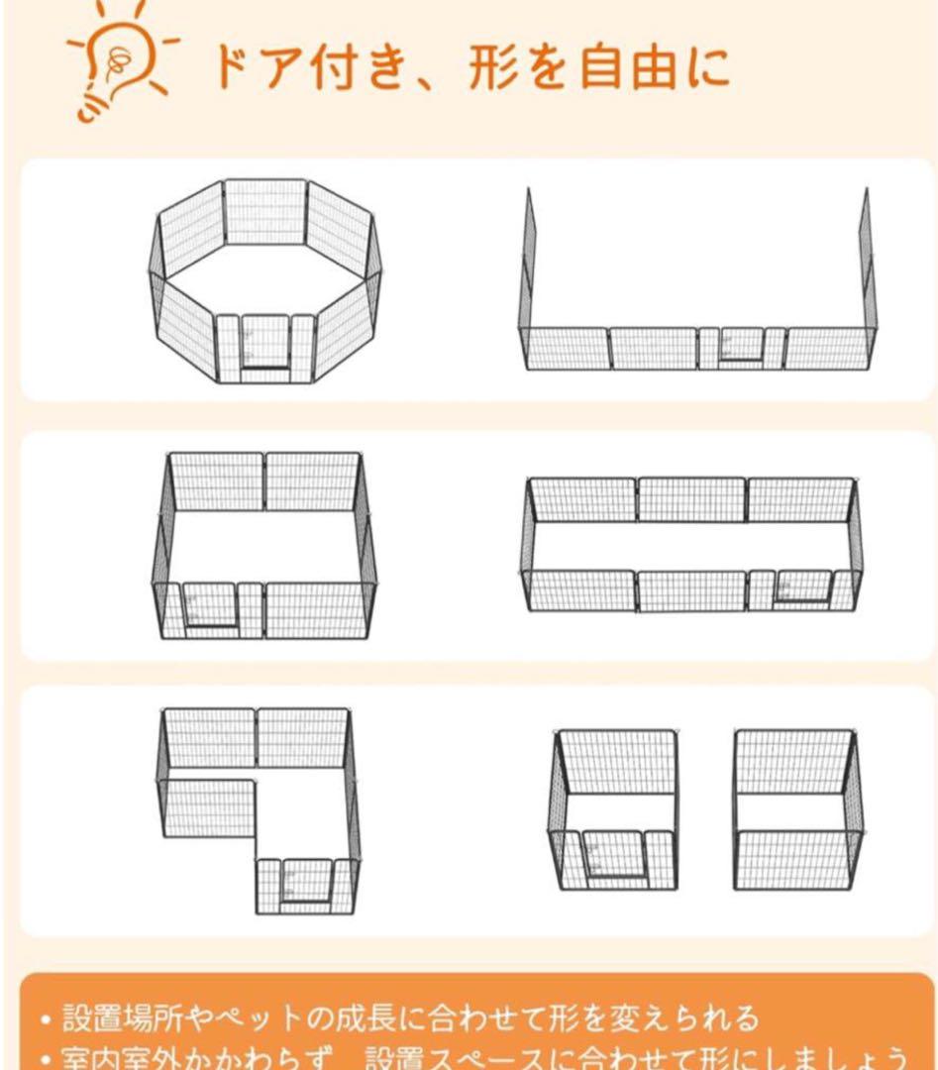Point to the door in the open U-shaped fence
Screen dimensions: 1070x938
(x=741, y=346)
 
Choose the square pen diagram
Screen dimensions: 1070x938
(x=264, y=545)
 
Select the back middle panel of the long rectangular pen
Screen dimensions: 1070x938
(x=691, y=499)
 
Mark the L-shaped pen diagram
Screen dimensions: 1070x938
(x=260, y=807)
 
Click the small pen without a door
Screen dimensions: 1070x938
(x=797, y=808)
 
